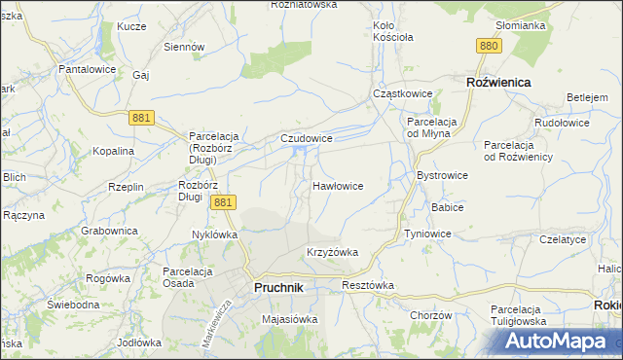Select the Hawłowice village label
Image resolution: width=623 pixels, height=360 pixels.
338,185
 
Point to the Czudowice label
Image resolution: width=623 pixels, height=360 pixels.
307,139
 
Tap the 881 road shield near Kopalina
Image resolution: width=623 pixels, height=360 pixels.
142,117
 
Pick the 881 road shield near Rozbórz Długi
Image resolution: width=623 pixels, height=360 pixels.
223,201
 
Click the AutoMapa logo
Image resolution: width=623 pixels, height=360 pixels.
562,341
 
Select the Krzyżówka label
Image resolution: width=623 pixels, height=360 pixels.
332,252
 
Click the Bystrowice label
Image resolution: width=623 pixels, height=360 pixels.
442,175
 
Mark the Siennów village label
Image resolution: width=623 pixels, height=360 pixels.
184,46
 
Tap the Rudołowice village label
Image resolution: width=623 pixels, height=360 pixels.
564,124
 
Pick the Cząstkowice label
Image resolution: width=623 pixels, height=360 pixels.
402,93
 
